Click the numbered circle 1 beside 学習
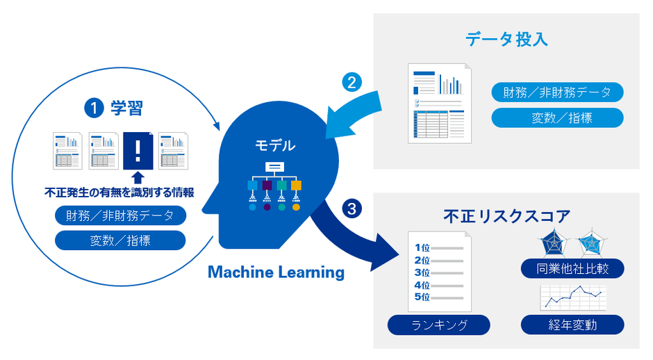click(x=92, y=108)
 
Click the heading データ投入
click(x=506, y=39)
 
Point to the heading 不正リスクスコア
click(x=506, y=217)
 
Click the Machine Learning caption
click(x=276, y=272)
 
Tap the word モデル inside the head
click(x=274, y=146)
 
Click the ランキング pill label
click(x=438, y=325)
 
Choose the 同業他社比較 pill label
click(x=572, y=268)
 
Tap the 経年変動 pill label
click(x=572, y=325)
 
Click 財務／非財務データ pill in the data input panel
click(x=556, y=92)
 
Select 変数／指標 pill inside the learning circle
click(x=119, y=240)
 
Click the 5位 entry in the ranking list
click(x=422, y=297)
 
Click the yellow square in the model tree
click(x=297, y=186)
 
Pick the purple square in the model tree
click(x=267, y=186)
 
